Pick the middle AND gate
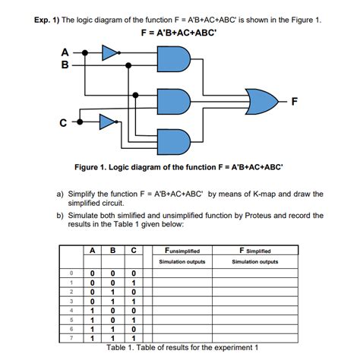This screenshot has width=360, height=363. click(x=172, y=99)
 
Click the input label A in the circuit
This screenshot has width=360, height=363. click(x=65, y=52)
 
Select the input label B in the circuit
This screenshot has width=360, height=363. click(x=65, y=65)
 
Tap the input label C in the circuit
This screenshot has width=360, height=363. click(x=66, y=120)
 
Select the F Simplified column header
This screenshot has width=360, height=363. click(x=255, y=250)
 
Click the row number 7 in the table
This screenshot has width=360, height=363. click(x=71, y=337)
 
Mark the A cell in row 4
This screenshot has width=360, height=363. click(x=91, y=310)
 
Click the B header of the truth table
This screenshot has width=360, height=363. click(x=112, y=250)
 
